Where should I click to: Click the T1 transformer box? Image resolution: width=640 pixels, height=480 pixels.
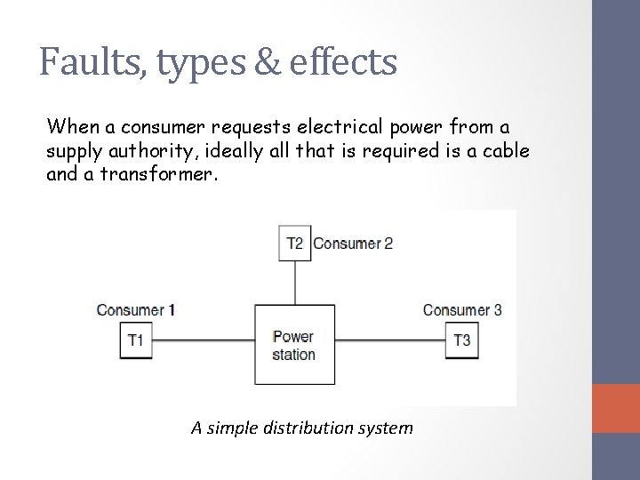[135, 340]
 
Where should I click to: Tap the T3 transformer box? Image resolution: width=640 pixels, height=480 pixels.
[461, 340]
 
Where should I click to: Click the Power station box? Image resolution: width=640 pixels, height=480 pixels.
[293, 345]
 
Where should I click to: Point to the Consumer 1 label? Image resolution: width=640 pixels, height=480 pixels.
[136, 310]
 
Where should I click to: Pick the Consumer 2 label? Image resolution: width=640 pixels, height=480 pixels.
[353, 244]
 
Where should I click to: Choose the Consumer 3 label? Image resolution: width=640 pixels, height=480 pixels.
[462, 310]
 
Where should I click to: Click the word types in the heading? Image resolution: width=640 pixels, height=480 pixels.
[189, 64]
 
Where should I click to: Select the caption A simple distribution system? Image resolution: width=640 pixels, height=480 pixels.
[302, 428]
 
